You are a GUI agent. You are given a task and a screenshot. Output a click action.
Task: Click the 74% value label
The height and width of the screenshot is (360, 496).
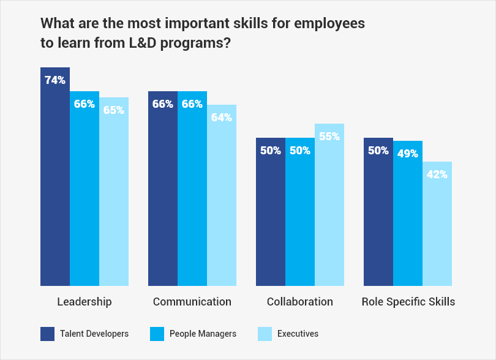coord(55,80)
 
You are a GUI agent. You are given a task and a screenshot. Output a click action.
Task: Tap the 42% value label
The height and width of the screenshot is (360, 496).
coord(437,174)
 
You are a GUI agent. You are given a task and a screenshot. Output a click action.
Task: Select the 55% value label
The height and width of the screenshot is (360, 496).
coord(329,137)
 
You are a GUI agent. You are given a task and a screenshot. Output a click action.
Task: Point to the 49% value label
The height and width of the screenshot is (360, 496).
coord(408,154)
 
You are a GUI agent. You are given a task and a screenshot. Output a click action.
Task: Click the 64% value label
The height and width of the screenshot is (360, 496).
coord(222,118)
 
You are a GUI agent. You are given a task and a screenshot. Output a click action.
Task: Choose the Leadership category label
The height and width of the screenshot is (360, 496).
coord(85,302)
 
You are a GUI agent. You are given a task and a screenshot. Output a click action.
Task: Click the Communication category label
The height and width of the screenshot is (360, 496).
coord(192,302)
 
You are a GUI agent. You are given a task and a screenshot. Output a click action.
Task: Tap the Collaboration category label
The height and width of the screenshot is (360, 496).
coord(300,302)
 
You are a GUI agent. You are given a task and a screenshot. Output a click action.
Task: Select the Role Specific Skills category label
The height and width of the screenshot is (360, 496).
coord(408,302)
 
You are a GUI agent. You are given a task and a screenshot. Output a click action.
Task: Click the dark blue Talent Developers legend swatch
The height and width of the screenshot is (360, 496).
coord(48,334)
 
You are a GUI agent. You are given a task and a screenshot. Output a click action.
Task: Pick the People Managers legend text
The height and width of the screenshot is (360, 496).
coord(203,334)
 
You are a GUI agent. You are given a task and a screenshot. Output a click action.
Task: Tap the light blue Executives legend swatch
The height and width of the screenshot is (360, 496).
coord(264,334)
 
